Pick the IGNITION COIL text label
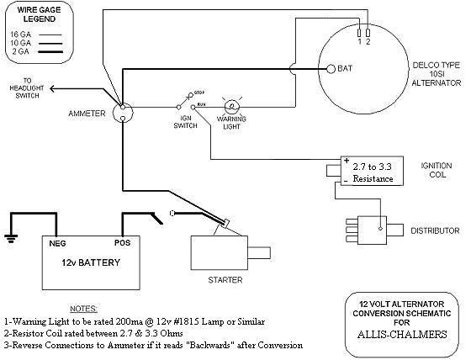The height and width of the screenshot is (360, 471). [438, 171]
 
